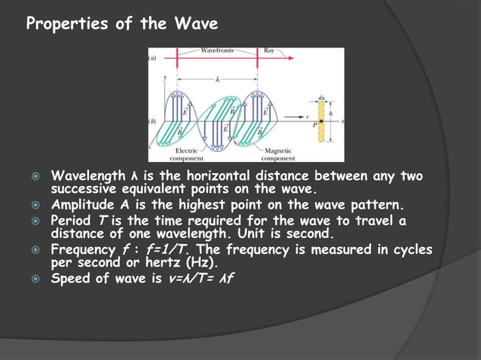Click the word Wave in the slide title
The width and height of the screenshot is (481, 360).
point(198,24)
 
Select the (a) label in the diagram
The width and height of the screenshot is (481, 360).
point(152,57)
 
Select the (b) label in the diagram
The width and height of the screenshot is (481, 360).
point(152,121)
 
